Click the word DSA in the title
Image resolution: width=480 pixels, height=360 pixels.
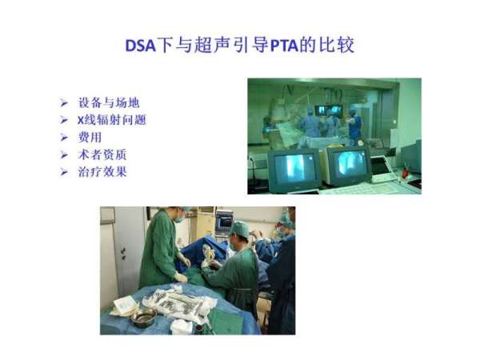pos(141,46)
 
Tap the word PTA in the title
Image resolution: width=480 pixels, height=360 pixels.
pos(284,46)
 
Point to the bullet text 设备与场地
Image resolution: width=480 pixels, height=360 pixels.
pos(109,102)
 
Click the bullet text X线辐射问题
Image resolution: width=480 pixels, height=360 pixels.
pos(112,120)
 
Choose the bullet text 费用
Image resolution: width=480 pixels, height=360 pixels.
pos(90,137)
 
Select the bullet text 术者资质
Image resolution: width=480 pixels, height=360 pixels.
pos(102,154)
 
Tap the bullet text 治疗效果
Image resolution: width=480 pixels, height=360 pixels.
pos(102,172)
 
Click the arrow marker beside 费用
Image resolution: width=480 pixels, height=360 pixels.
pos(64,138)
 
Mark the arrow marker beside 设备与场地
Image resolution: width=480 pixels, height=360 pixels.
pos(64,103)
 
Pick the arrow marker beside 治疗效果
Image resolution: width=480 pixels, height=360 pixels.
pos(64,172)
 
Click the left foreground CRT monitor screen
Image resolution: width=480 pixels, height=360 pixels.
pos(295,168)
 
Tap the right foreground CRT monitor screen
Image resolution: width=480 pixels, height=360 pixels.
pos(350,166)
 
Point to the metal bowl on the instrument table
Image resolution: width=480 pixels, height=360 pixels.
pos(143,317)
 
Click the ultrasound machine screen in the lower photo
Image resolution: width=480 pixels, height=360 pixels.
pos(224,222)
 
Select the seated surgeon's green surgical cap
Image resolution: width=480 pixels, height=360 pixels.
pos(240,229)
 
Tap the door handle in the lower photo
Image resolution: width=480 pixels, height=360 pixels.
pos(123,254)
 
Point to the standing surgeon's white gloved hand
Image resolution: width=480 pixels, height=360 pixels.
pos(180,278)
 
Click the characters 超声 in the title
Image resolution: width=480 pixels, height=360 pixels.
pos(212,45)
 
